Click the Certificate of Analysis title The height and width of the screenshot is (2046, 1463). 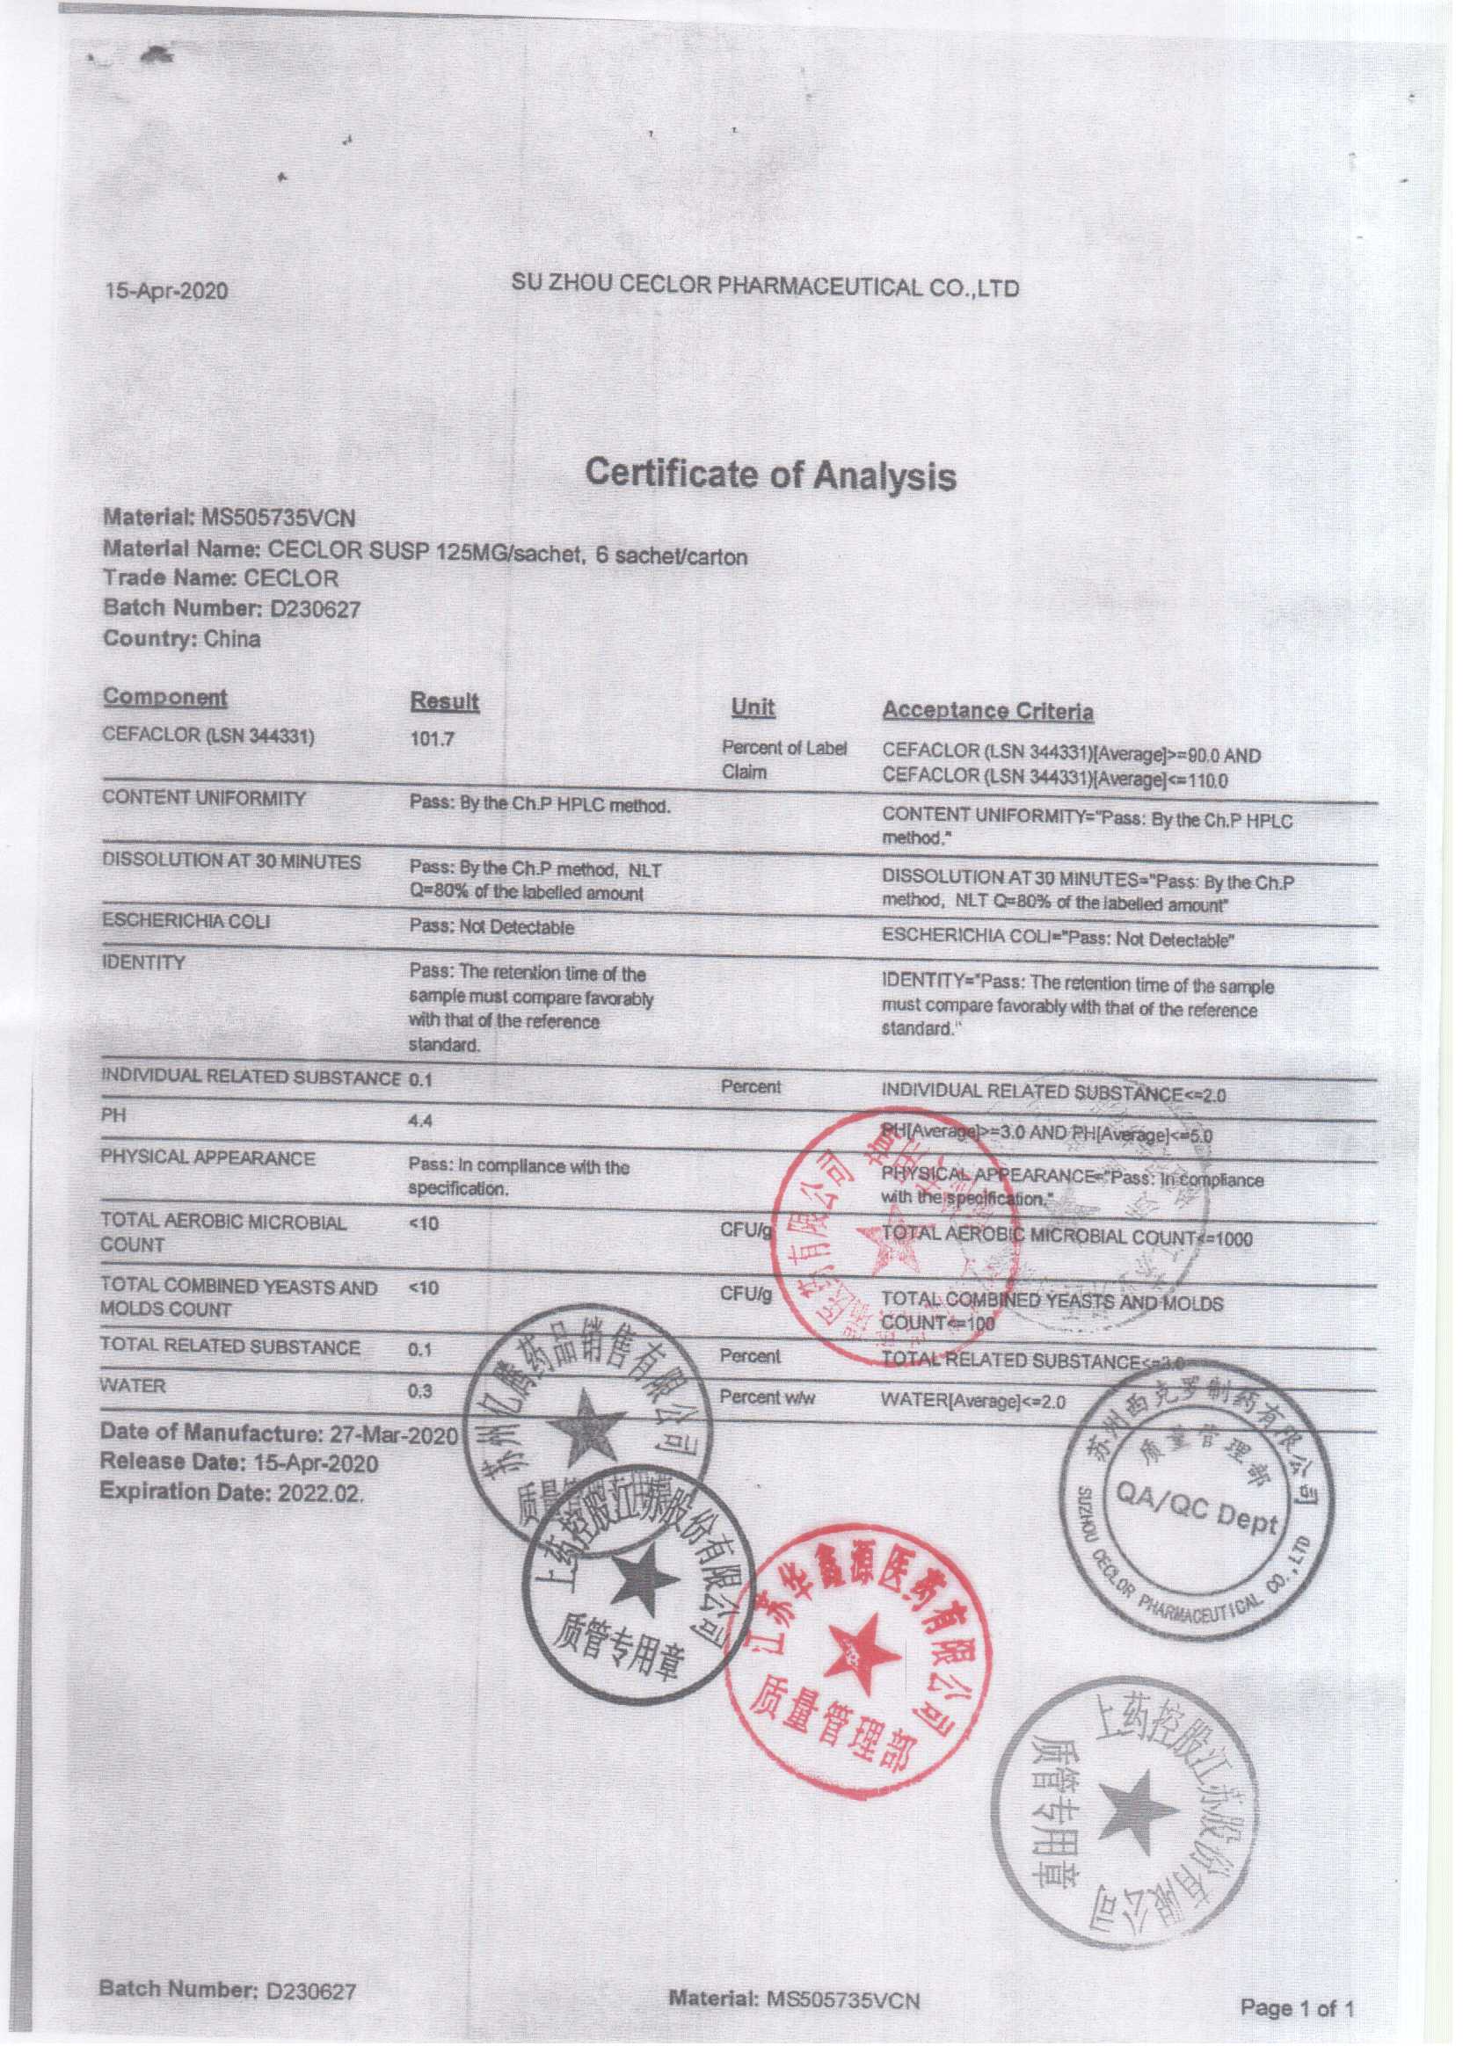(770, 473)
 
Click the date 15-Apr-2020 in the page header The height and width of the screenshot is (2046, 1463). (167, 291)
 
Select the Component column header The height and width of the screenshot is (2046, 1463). (165, 697)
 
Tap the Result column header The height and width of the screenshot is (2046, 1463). (444, 701)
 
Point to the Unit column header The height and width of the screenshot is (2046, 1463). (753, 707)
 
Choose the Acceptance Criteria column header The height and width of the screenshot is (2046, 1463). (987, 711)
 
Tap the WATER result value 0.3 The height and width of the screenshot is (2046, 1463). (419, 1391)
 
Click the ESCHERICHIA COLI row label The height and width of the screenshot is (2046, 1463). (186, 921)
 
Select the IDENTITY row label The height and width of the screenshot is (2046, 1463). (143, 962)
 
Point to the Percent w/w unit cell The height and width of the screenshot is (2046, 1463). (765, 1397)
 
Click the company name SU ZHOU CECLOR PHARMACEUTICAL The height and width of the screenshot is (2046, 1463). (765, 287)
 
